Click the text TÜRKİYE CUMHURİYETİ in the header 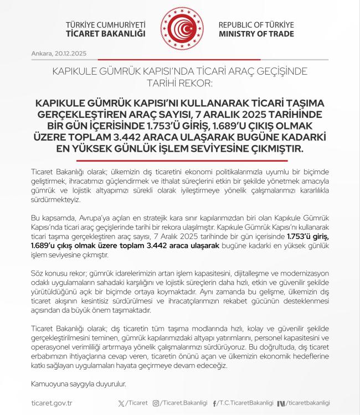click(x=105, y=25)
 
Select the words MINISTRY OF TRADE click(x=256, y=34)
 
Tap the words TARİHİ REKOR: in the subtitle click(x=180, y=83)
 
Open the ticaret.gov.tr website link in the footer click(x=56, y=403)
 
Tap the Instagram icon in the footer click(x=156, y=403)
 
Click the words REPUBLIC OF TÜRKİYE click(x=256, y=25)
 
